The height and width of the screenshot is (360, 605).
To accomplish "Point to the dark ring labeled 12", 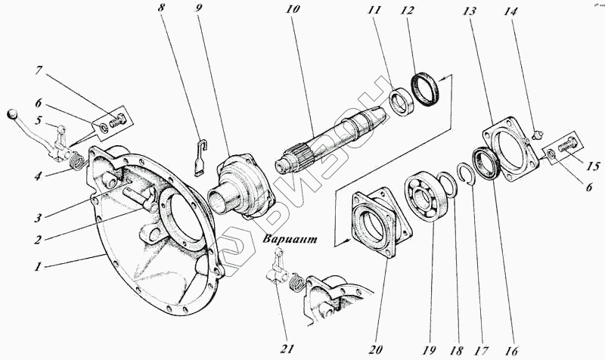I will [x=427, y=88].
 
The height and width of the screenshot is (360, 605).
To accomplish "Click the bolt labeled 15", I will [x=569, y=147].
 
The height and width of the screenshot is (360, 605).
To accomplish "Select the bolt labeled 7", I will [x=116, y=119].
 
